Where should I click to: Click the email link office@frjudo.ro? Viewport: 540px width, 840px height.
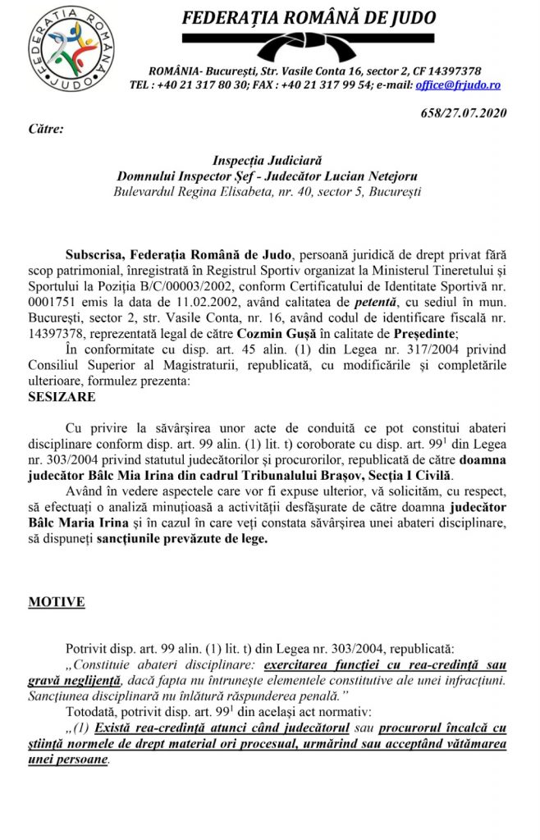(460, 84)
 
